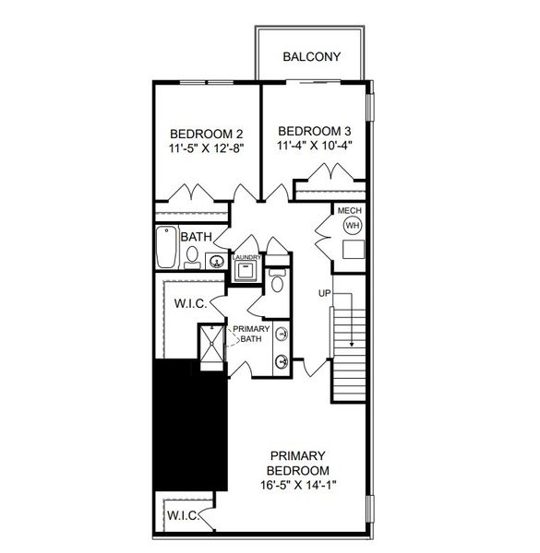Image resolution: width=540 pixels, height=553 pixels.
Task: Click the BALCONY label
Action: point(311,57)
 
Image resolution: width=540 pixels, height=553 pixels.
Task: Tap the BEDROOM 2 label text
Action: point(207,132)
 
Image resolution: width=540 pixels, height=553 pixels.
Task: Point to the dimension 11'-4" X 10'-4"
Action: point(314,146)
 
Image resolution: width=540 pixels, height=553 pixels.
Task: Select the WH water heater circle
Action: point(352,226)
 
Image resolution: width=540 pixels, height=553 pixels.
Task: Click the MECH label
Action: point(350,209)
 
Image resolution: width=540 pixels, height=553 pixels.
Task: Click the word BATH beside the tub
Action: point(197,237)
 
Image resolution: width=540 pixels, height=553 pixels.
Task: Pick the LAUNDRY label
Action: point(247,257)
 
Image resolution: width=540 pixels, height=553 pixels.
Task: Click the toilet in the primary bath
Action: point(276,280)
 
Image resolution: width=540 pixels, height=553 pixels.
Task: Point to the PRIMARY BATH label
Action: point(250,335)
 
